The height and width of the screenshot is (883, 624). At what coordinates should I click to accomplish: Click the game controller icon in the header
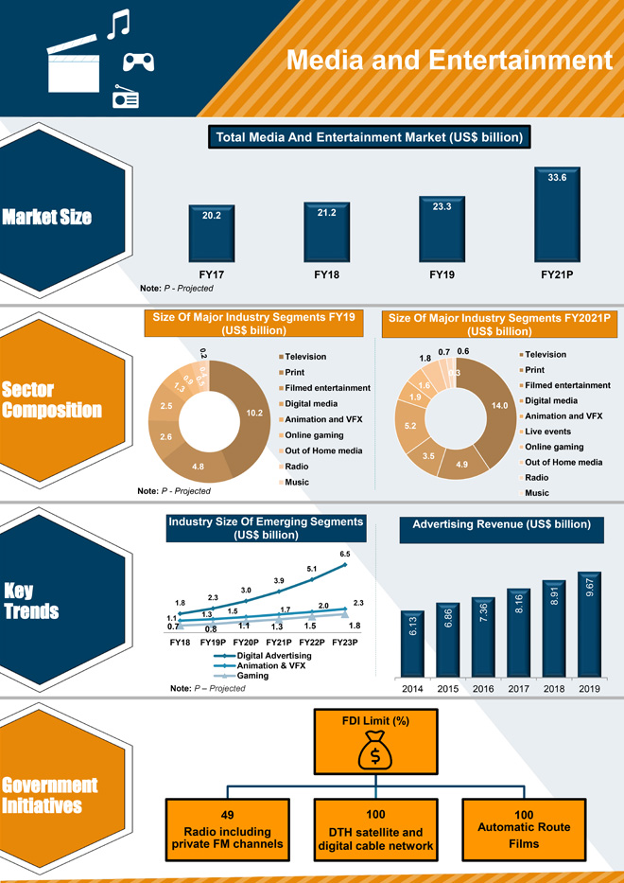(x=139, y=62)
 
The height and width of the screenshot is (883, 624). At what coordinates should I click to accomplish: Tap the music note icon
(x=117, y=25)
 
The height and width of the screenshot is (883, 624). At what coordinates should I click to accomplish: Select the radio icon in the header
(x=126, y=97)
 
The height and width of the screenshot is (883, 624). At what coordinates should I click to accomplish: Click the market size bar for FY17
(x=212, y=233)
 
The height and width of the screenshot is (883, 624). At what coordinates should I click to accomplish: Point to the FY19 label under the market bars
(x=442, y=274)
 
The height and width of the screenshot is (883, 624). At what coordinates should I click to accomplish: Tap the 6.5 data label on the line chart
(x=345, y=554)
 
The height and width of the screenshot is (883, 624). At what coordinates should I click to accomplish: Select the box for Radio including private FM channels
(x=228, y=830)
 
